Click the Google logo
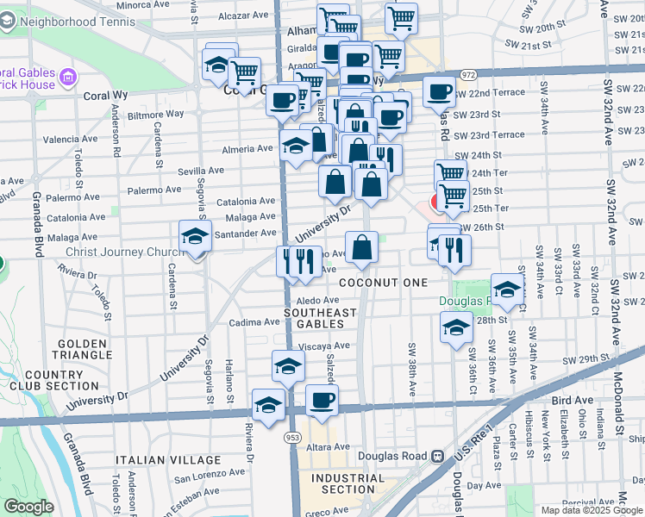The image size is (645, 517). (28, 507)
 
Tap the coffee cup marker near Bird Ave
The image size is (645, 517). (322, 401)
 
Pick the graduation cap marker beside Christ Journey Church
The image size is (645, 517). (196, 237)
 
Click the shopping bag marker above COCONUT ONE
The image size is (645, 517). (362, 248)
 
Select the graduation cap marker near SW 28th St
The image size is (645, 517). (456, 327)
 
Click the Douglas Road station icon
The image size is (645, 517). (438, 456)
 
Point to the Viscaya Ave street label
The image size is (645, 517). (324, 346)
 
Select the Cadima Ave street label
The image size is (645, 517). (254, 322)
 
